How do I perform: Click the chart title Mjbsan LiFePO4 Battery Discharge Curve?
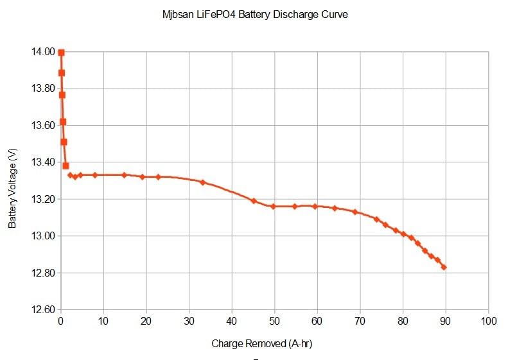coord(255,14)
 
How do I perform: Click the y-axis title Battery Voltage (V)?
coord(13,188)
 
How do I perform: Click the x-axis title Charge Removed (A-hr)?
coord(261,344)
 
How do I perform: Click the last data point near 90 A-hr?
coord(444,268)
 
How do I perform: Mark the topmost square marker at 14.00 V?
coord(61,53)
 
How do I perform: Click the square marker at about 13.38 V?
coord(66,166)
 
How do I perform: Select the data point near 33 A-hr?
coord(202,182)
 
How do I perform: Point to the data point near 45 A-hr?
coord(254,201)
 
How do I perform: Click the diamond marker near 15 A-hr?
coord(125,175)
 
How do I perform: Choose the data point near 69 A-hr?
coord(355,212)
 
